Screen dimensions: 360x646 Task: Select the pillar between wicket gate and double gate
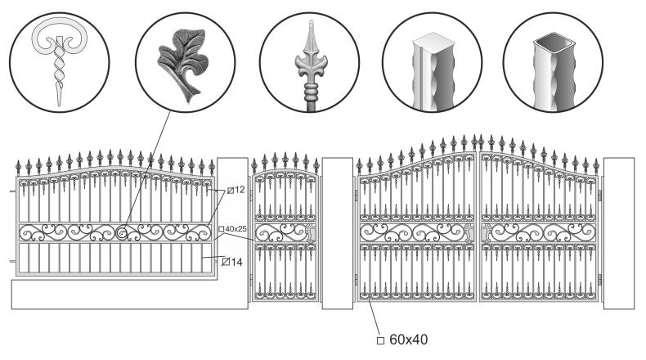coord(337,233)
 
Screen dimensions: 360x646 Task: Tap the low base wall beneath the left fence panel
coord(123,295)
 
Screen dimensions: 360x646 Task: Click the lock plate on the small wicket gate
coord(310,234)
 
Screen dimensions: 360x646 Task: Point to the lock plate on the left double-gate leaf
coord(469,233)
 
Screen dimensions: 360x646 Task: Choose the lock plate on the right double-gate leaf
coord(487,233)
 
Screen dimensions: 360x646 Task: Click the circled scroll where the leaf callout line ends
coord(123,234)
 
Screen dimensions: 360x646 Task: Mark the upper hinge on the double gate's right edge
coord(600,195)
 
